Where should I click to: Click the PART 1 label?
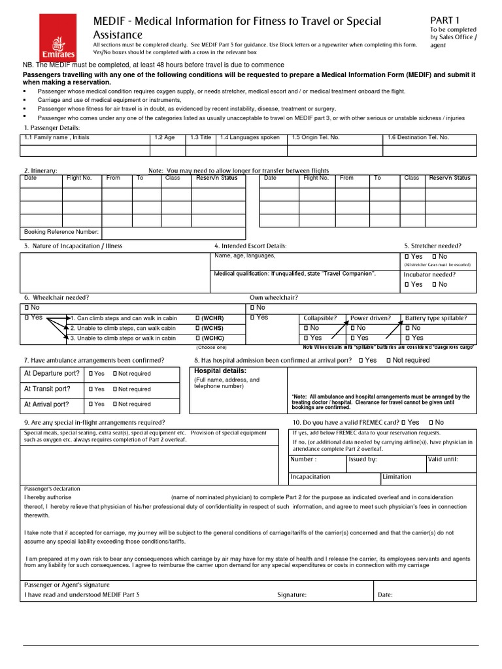[x=444, y=20]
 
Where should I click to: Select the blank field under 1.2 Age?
[x=167, y=150]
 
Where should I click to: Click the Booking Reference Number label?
[x=61, y=232]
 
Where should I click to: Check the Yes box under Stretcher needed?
[x=407, y=257]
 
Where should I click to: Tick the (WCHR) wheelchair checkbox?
[x=197, y=318]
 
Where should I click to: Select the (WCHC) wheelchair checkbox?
[x=197, y=338]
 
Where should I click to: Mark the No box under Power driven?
[x=354, y=328]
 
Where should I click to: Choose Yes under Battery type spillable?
[x=408, y=338]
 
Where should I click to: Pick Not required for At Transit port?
[x=115, y=389]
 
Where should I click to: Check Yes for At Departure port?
[x=91, y=374]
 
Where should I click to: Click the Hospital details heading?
[x=220, y=371]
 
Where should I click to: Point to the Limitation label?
[x=397, y=477]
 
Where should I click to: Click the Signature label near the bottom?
[x=292, y=595]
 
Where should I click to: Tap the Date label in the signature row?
[x=385, y=595]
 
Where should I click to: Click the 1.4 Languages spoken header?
[x=250, y=138]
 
